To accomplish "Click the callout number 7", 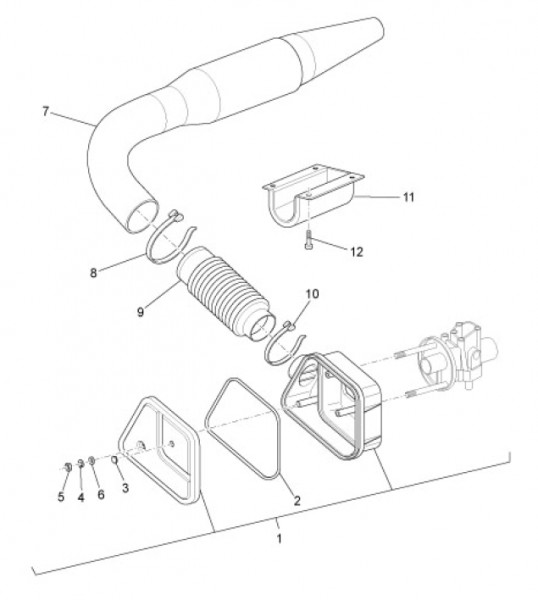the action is coord(46,111).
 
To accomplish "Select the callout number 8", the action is coord(93,273).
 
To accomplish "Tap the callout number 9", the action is coord(140,312).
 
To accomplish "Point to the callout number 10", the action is coord(312,294).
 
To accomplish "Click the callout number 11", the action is coord(409,197).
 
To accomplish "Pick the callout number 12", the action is coord(356,252).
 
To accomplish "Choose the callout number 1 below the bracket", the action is coord(279,538).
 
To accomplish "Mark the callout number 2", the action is coord(297,500).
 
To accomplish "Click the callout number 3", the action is coord(125,488).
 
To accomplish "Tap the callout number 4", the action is coord(81,497).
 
